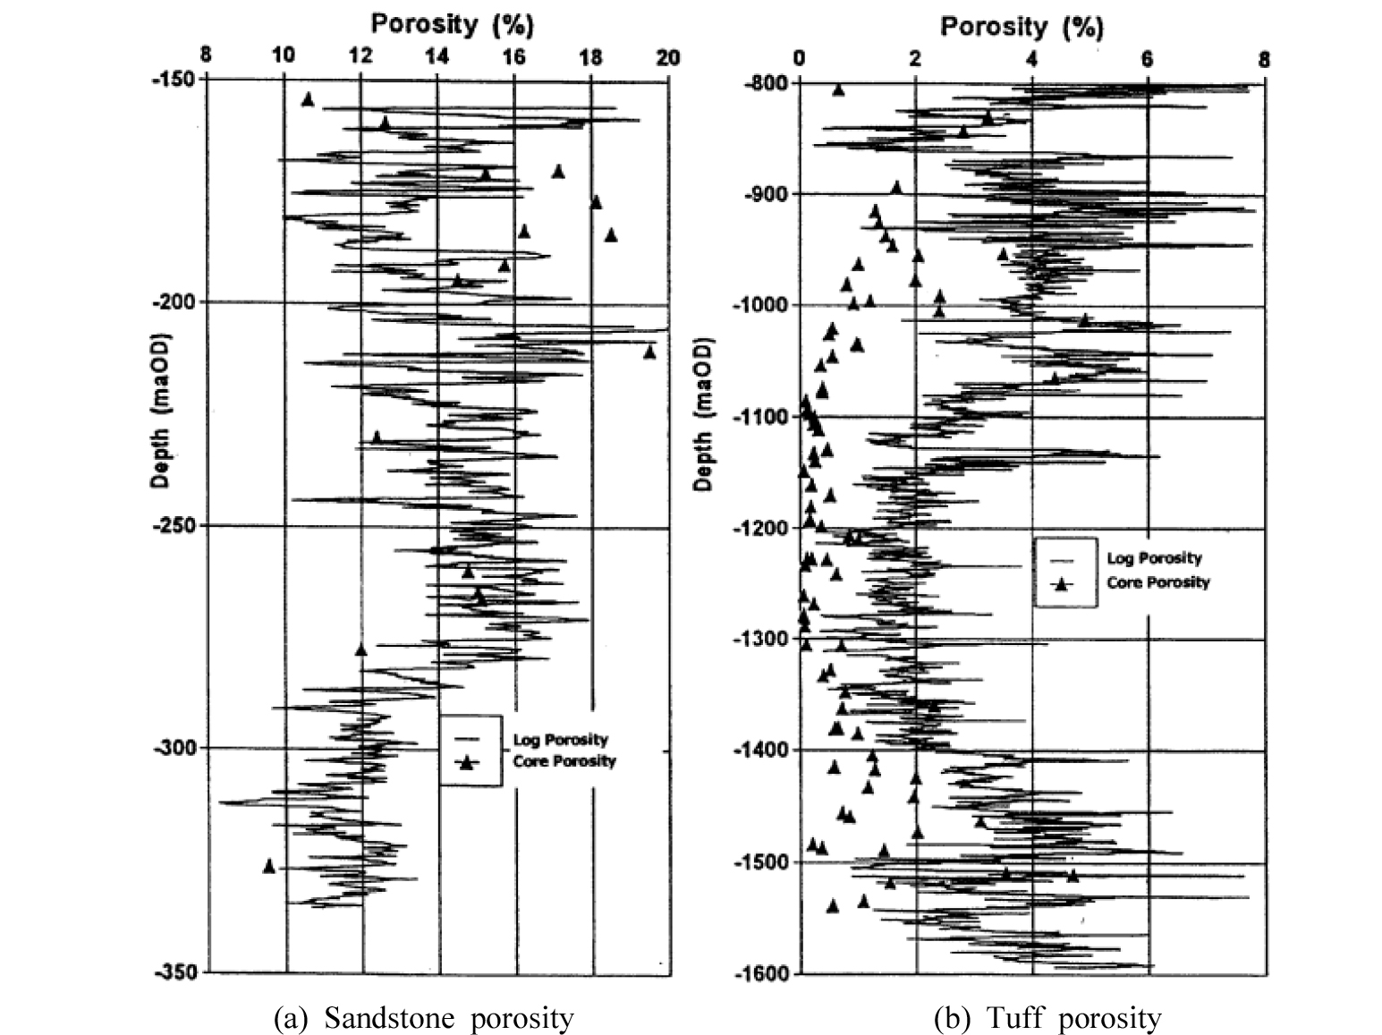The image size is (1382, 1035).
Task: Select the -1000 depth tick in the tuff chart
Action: tap(759, 305)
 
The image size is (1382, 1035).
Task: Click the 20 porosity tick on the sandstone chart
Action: tap(668, 57)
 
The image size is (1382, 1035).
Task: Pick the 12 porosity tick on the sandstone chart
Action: tap(360, 57)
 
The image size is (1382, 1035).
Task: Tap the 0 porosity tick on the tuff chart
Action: tap(800, 59)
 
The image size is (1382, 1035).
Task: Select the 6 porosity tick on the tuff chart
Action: tap(1148, 59)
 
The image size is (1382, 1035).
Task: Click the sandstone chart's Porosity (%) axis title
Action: tap(453, 24)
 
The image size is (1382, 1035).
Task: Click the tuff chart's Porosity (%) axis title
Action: tap(1022, 27)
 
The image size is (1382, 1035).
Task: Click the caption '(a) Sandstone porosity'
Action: tap(424, 1018)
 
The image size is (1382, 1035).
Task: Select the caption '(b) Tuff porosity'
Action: tap(1047, 1018)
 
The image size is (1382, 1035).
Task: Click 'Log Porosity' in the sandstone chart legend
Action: tap(560, 740)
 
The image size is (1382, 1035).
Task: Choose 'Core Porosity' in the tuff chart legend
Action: tap(1157, 582)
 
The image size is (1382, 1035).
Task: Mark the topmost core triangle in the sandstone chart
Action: tap(308, 99)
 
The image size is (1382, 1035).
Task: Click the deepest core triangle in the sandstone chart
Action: tap(269, 865)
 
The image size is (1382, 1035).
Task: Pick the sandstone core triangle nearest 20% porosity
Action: tap(649, 352)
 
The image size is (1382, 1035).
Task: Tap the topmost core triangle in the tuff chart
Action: tap(838, 89)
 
